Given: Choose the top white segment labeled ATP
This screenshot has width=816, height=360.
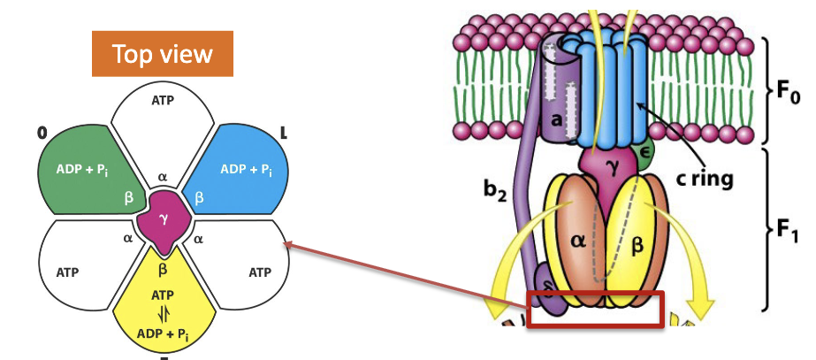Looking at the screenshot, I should [x=163, y=115].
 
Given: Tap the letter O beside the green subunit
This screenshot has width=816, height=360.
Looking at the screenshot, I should [x=41, y=133].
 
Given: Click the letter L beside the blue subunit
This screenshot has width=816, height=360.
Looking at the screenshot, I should [x=283, y=132].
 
